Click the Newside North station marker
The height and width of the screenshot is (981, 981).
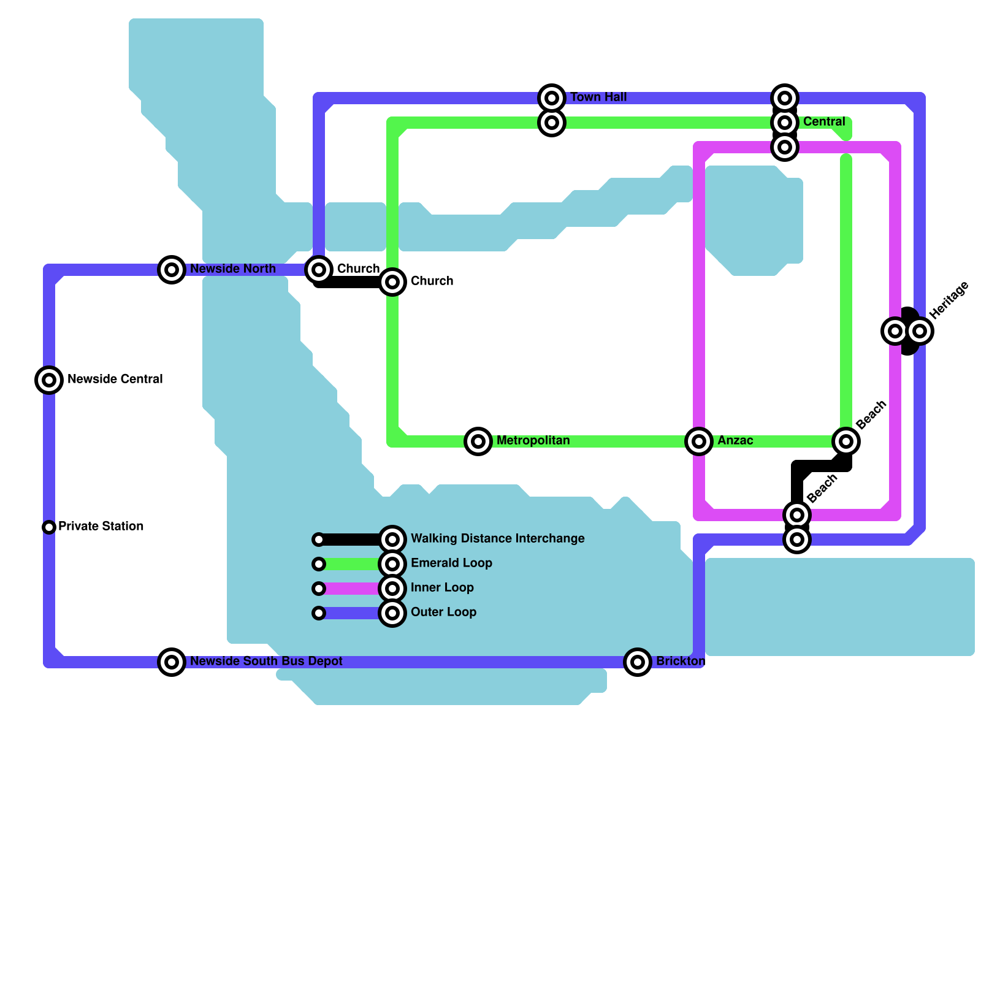tap(172, 270)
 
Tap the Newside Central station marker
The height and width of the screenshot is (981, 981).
tap(49, 380)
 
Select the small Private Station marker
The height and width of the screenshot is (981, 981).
tap(49, 527)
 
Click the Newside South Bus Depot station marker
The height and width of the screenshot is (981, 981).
tap(172, 662)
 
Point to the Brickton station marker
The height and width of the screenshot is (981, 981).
tap(638, 662)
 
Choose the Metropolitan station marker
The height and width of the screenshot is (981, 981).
tap(478, 441)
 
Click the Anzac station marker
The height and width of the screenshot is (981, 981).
tap(699, 441)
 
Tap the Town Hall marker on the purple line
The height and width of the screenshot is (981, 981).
tap(552, 98)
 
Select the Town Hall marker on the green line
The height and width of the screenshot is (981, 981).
tap(552, 123)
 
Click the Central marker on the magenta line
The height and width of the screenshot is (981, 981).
tap(785, 147)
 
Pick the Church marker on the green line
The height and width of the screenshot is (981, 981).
tap(392, 282)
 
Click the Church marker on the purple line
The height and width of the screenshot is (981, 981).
tap(319, 270)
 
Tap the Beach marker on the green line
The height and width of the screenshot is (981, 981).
tap(846, 441)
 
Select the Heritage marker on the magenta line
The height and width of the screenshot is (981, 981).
tap(895, 331)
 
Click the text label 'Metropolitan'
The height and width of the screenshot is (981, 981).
tap(533, 441)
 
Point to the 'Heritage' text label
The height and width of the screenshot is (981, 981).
tap(949, 300)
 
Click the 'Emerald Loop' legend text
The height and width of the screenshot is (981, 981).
tap(451, 563)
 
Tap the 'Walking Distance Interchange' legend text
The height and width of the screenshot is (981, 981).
tap(497, 539)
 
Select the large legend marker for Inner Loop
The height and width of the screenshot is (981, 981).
tap(392, 589)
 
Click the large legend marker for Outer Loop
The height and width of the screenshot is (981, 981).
tap(392, 613)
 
